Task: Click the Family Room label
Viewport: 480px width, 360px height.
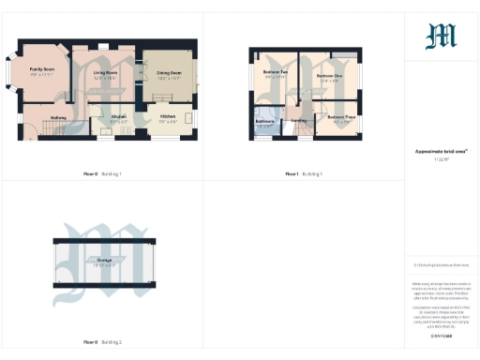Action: coord(40,69)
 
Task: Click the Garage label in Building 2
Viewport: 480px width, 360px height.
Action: coord(102,261)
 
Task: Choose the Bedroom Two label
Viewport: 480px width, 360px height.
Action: coord(274,72)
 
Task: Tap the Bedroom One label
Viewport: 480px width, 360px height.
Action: coord(327,75)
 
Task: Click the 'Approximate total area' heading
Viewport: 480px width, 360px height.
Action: coord(440,151)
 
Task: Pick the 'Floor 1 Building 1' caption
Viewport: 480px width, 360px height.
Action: coord(304,174)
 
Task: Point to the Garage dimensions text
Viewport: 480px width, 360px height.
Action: coord(102,266)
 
